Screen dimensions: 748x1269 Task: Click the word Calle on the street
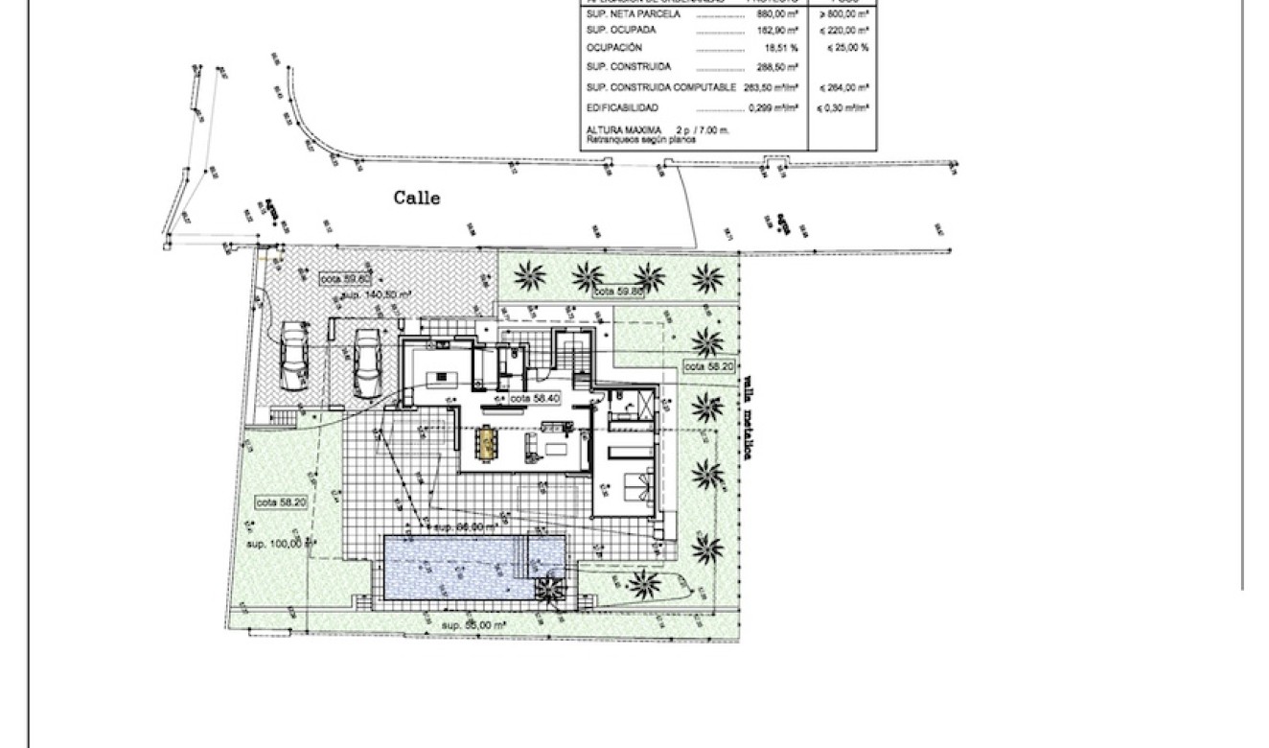tap(417, 198)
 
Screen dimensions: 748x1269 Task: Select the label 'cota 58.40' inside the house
tap(534, 397)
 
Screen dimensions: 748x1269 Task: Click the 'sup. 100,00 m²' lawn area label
tap(280, 544)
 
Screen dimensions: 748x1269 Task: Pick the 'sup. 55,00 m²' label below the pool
tap(473, 624)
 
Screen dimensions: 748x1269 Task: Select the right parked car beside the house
tap(365, 364)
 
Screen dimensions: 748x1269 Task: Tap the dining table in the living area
tap(490, 442)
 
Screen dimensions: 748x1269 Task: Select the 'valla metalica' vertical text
tap(744, 417)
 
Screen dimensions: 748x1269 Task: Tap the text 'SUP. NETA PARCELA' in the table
tap(633, 14)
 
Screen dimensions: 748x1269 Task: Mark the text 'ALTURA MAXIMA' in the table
tap(620, 129)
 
